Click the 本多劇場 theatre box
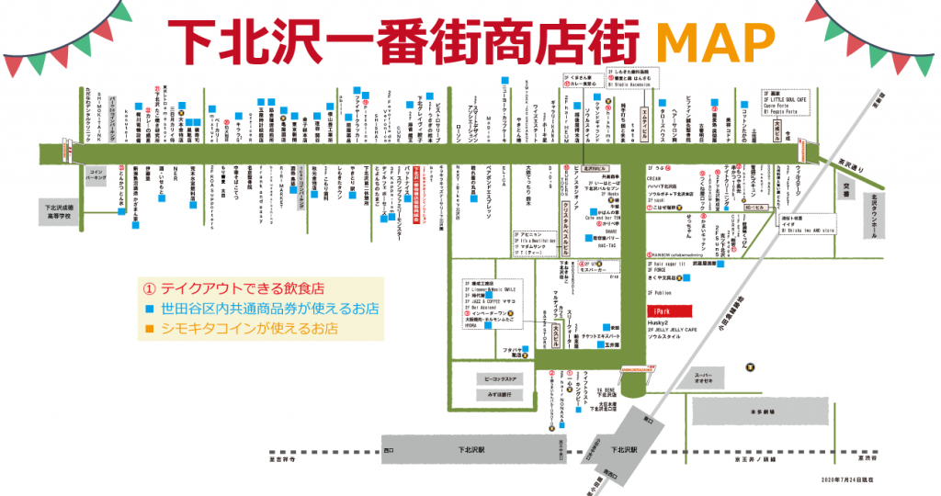tap(763, 411)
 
